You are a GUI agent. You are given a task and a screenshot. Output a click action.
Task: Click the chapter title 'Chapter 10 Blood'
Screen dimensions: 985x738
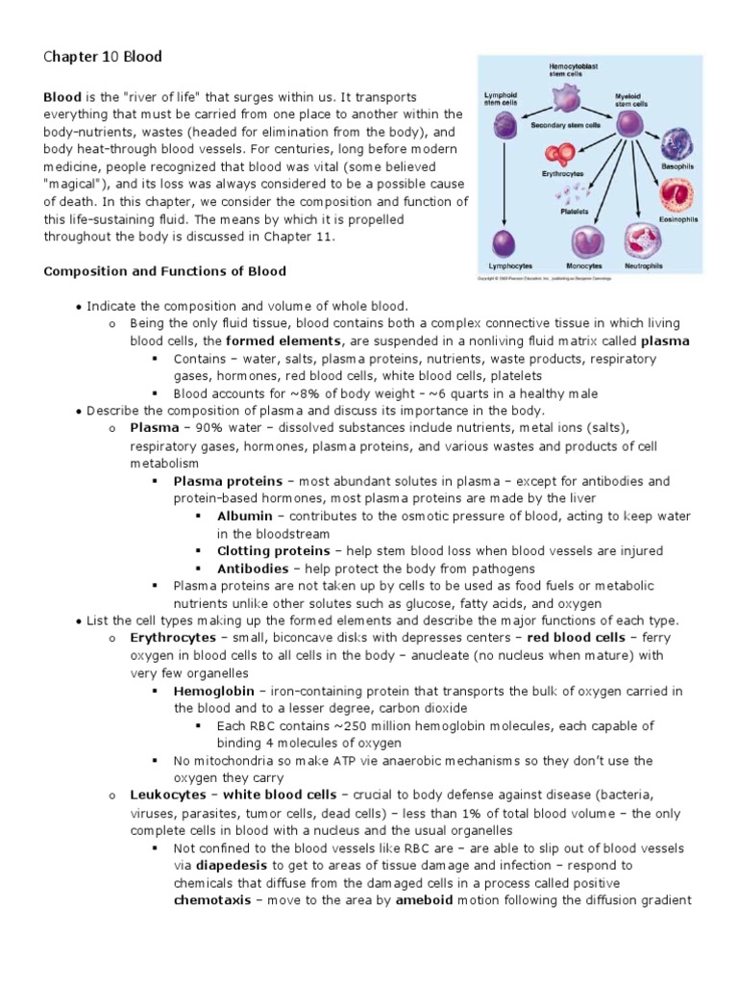[103, 58]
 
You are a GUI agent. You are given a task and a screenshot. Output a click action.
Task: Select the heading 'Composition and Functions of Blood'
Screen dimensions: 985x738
[164, 271]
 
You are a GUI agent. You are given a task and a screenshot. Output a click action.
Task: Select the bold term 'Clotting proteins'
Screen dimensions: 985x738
[274, 551]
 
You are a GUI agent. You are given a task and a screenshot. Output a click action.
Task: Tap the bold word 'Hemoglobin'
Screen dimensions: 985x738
[213, 691]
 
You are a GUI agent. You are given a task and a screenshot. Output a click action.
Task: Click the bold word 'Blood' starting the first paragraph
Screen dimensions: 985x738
[62, 97]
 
